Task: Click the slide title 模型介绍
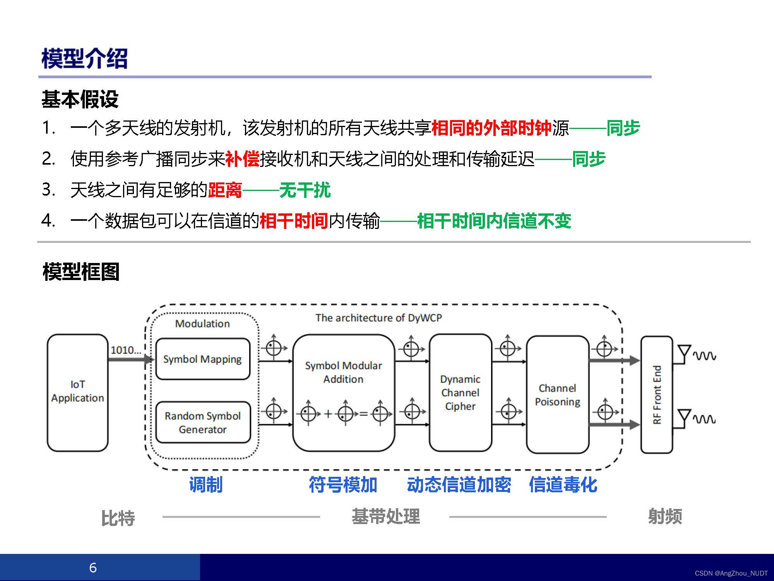84,59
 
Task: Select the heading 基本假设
80,99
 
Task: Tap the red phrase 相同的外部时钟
491,128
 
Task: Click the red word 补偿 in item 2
242,159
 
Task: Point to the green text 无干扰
305,190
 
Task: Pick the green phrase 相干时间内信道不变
494,221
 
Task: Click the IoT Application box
77,392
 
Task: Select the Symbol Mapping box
202,359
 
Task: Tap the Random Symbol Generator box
202,422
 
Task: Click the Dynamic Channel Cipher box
460,392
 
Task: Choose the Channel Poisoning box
557,394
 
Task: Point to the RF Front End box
657,394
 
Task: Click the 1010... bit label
126,350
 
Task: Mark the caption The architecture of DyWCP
378,318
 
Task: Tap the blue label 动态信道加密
459,485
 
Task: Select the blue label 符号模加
343,485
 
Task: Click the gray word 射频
665,516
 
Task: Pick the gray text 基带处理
385,516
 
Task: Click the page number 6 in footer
93,567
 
